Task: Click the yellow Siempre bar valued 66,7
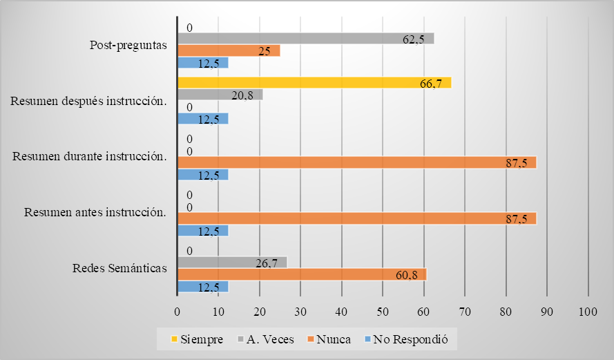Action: point(314,83)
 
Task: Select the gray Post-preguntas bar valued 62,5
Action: point(305,39)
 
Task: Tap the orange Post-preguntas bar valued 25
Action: point(229,50)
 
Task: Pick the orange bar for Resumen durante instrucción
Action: point(356,162)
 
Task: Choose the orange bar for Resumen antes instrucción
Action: point(356,218)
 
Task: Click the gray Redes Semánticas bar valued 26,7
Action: point(232,262)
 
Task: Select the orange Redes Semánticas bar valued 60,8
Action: point(302,274)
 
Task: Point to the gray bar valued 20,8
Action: point(220,95)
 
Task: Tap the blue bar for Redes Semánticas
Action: point(202,287)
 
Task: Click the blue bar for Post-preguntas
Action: point(202,63)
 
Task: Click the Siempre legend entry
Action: point(196,340)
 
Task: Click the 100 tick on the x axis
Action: point(588,312)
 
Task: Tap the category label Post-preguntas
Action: point(129,46)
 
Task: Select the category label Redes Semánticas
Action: point(119,269)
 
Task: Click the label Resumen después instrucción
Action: point(89,102)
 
